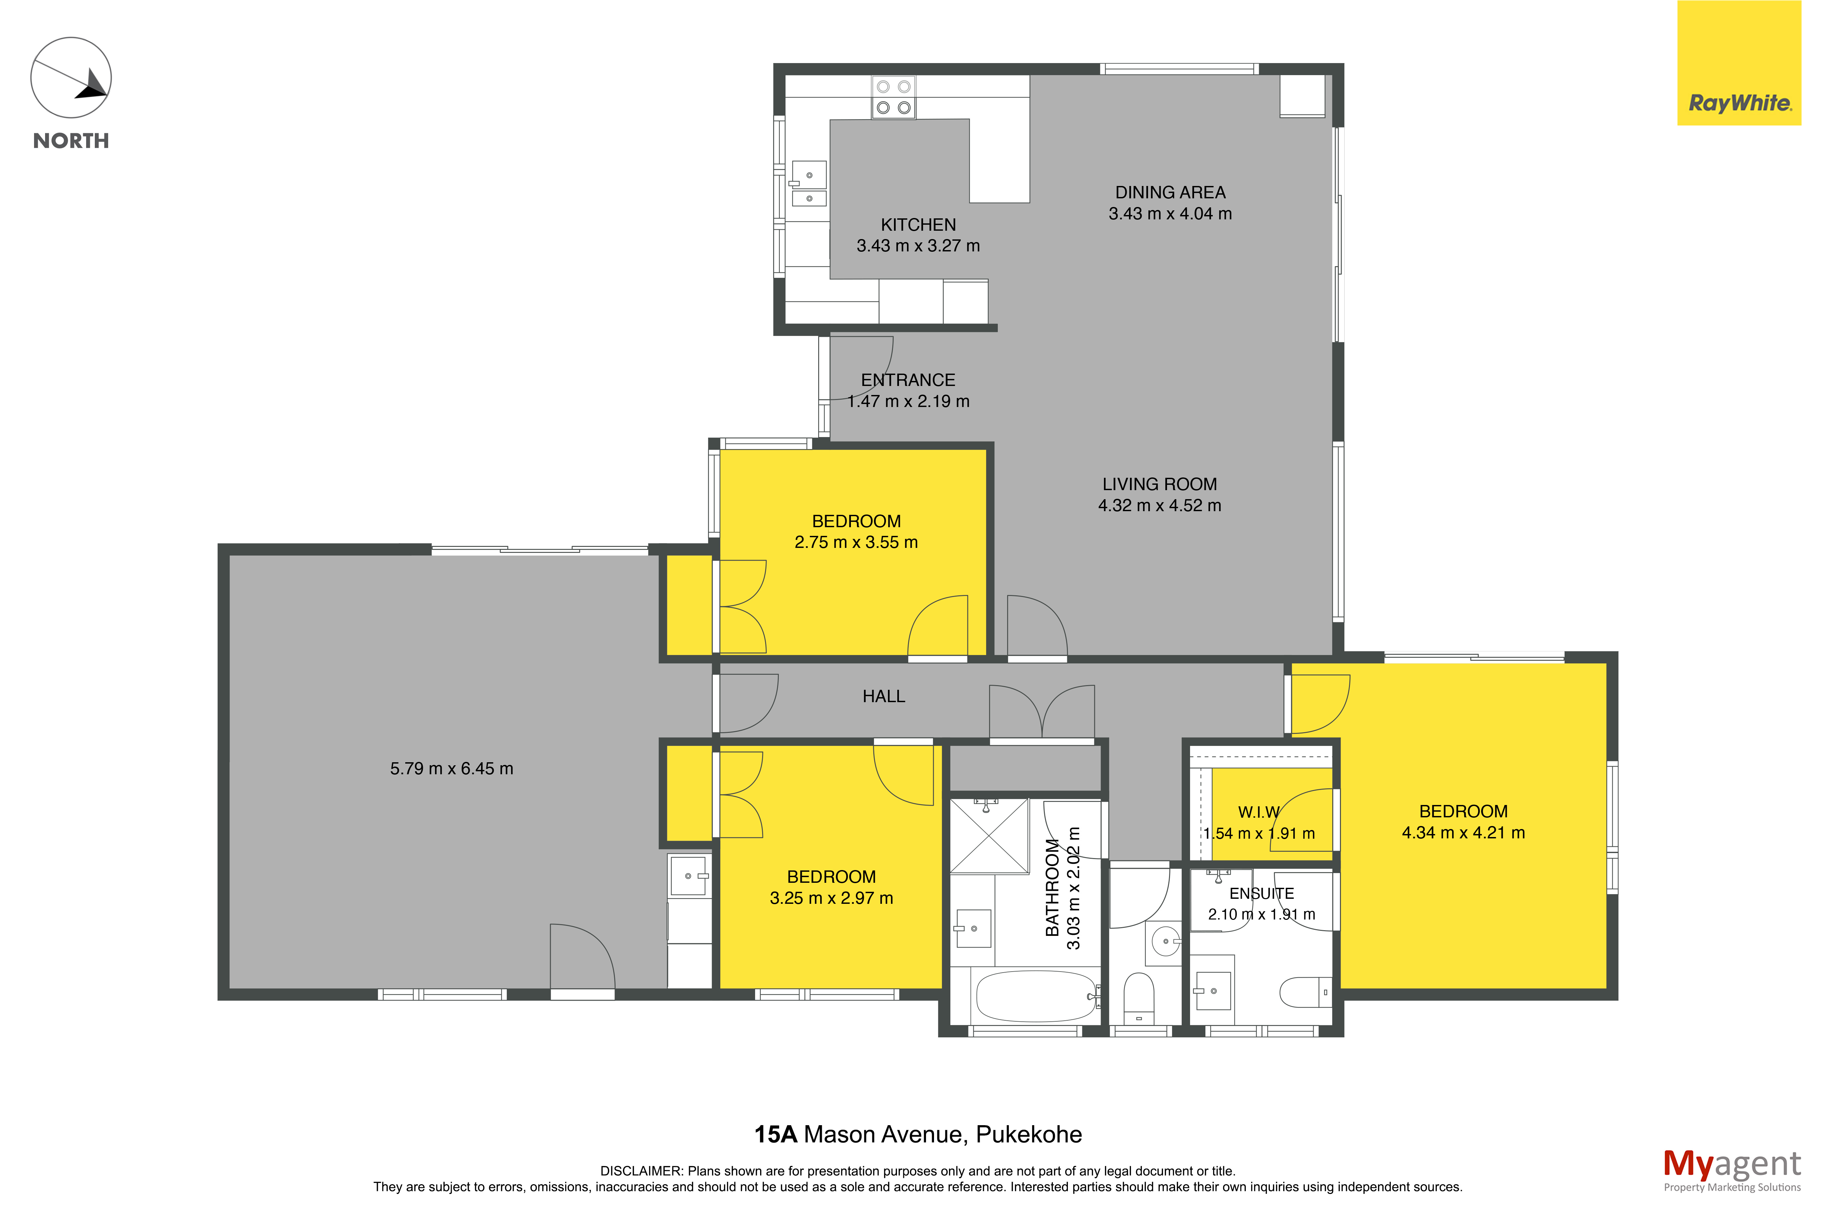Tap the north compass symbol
coord(71,78)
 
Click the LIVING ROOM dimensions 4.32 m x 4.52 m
coord(1159,505)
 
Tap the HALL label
coord(883,696)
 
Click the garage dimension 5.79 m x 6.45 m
coord(452,769)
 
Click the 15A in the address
coord(775,1134)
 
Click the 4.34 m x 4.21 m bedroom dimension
coord(1463,833)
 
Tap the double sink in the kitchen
coord(809,183)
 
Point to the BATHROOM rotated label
coord(1053,887)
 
